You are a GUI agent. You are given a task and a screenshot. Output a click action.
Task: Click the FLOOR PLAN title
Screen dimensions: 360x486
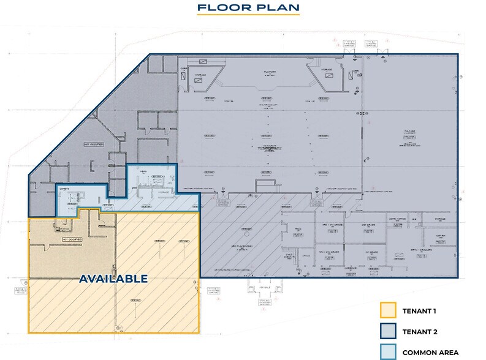(248, 8)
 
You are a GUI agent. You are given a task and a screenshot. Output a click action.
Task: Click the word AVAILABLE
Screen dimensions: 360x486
(114, 279)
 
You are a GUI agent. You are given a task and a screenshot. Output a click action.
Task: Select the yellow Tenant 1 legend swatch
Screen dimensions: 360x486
(389, 311)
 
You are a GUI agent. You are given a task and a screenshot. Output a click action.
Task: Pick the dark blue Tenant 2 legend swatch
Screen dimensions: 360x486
(389, 332)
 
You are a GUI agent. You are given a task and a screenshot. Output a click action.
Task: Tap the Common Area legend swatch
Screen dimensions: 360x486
(389, 352)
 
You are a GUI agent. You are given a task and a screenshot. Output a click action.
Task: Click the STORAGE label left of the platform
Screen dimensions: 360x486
(200, 77)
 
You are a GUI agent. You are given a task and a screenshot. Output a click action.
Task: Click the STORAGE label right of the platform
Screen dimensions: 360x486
(326, 70)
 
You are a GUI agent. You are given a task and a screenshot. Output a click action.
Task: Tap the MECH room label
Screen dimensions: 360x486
(298, 229)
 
